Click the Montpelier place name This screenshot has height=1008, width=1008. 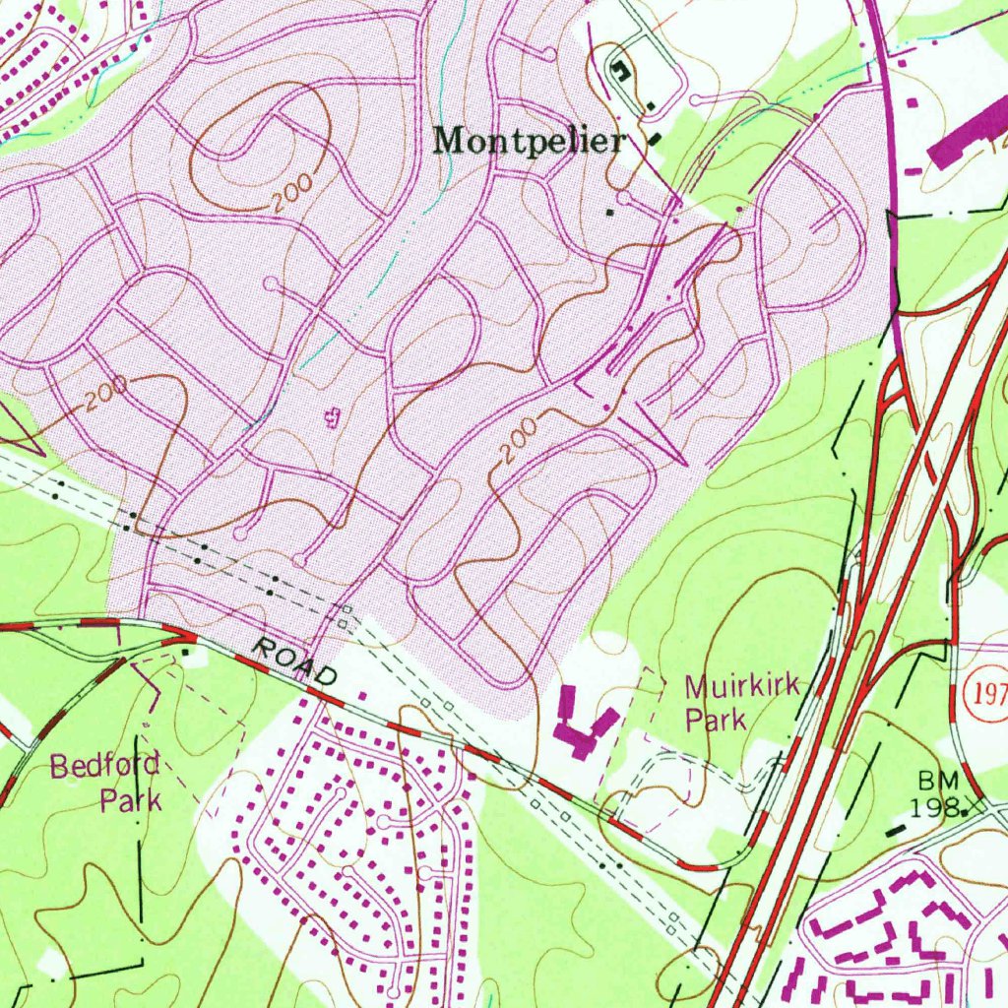pos(530,142)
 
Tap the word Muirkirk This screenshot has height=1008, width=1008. pos(741,685)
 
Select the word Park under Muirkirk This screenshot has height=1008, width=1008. pos(716,720)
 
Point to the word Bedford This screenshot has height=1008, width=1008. pos(104,765)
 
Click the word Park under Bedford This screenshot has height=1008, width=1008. pos(131,798)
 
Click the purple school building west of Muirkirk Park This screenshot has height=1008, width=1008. pos(583,725)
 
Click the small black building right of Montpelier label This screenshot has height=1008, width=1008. pos(656,140)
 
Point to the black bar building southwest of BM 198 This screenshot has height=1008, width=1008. pos(895,831)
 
